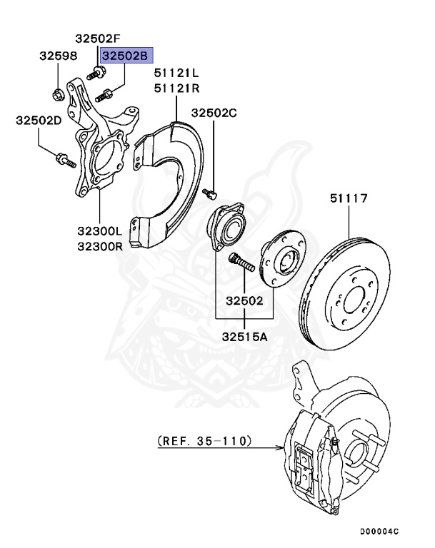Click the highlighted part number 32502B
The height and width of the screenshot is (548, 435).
tap(126, 54)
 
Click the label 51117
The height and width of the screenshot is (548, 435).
tap(349, 198)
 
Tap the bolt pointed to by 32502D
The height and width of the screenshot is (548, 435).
tap(65, 161)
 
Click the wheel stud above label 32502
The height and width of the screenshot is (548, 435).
tap(241, 262)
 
